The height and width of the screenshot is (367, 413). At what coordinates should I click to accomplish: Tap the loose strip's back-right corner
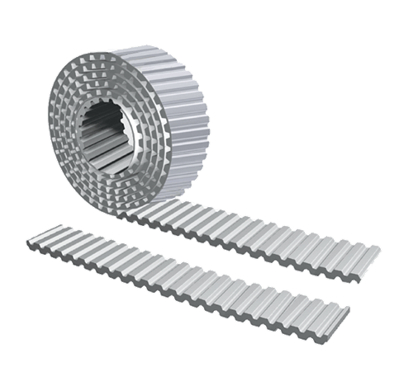(352, 305)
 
